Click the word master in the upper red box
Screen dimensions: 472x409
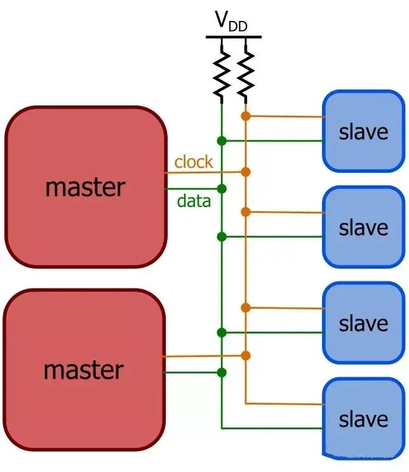tap(85, 187)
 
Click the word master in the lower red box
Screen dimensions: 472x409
tap(83, 370)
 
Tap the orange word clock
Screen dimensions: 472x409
tap(194, 162)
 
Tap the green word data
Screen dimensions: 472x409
tap(194, 202)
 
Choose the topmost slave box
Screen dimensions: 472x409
tap(363, 131)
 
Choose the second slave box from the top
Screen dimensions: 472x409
tap(363, 227)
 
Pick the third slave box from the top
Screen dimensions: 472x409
tap(363, 323)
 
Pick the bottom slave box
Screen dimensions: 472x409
tap(363, 419)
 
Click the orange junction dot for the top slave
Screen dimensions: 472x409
tap(246, 116)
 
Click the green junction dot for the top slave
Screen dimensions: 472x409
tap(221, 140)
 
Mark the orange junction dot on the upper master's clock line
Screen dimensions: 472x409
tap(246, 172)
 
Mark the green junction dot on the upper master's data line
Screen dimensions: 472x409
tap(221, 189)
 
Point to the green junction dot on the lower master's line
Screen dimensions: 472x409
tap(221, 372)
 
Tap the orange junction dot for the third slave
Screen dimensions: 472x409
tap(246, 307)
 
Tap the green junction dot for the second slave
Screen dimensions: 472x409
tap(221, 237)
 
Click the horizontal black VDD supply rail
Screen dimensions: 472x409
tap(233, 37)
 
